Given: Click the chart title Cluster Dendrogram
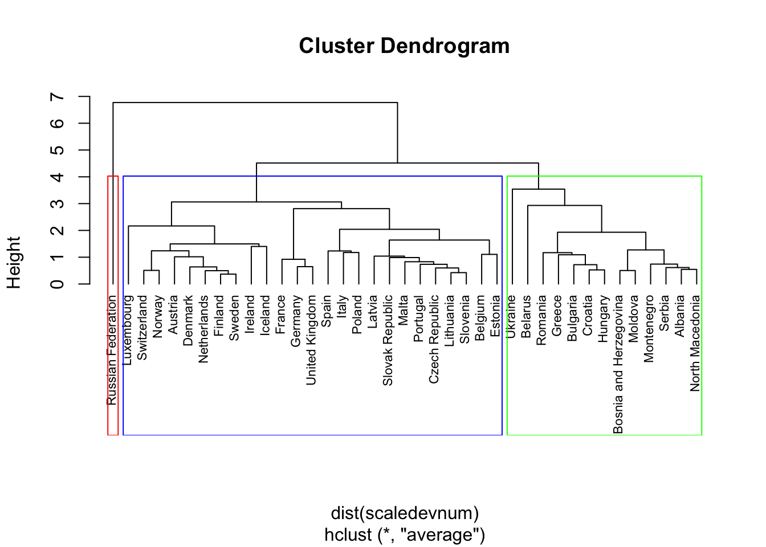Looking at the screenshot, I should [x=404, y=46].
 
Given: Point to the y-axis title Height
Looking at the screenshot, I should [x=14, y=263].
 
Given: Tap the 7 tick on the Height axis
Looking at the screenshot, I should [x=58, y=97].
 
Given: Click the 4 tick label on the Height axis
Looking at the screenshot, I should [x=58, y=177].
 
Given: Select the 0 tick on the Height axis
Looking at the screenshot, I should [x=58, y=283].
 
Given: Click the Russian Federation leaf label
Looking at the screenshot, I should [x=112, y=350].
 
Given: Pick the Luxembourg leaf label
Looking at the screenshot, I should [x=128, y=329].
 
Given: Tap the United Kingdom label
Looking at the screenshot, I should [x=311, y=340].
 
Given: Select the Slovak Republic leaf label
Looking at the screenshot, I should [x=388, y=340].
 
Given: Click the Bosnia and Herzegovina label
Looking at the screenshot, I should [x=618, y=364].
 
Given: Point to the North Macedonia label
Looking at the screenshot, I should [x=695, y=343].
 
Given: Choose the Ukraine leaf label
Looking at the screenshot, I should [x=511, y=316].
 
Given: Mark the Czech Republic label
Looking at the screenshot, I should [x=434, y=338].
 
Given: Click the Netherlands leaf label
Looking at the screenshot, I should [x=204, y=329].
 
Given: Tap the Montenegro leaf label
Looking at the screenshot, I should [x=649, y=328].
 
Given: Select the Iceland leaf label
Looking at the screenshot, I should [x=266, y=315].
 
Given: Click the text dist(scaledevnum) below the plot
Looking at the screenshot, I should [x=405, y=513].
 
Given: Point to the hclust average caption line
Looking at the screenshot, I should [x=405, y=535].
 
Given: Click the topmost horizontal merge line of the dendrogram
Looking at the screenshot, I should [x=255, y=103].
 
